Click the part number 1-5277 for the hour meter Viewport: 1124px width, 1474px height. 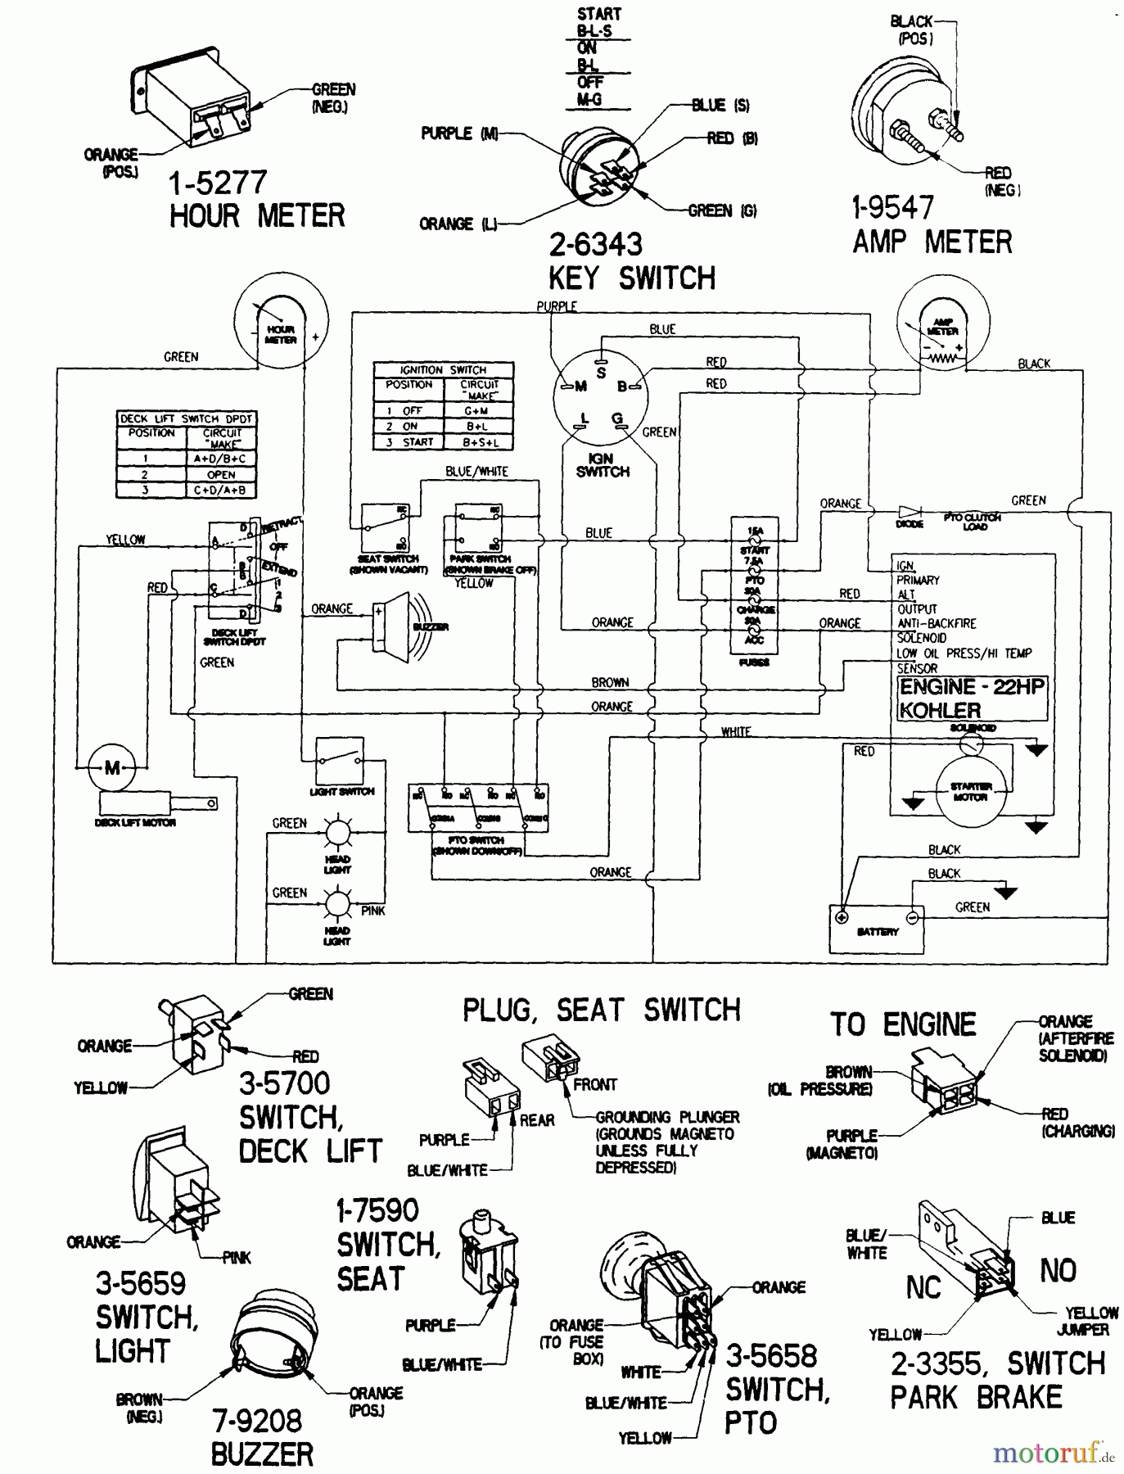pos(218,183)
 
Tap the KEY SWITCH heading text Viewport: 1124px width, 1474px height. pos(631,278)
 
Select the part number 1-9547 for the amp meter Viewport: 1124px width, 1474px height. pos(892,208)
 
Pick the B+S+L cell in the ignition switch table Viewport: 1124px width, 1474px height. pos(478,442)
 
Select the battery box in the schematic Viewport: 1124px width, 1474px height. pos(877,929)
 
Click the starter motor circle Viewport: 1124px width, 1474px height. pos(970,791)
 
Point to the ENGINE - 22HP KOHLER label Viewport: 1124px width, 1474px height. pos(971,699)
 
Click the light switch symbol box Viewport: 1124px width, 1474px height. pos(340,762)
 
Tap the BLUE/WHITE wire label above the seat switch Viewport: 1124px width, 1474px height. pos(476,472)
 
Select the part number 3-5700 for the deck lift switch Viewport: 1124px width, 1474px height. pos(284,1083)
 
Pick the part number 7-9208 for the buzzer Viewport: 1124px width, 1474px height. pos(257,1421)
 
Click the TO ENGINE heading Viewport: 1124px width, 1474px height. pos(903,1024)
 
